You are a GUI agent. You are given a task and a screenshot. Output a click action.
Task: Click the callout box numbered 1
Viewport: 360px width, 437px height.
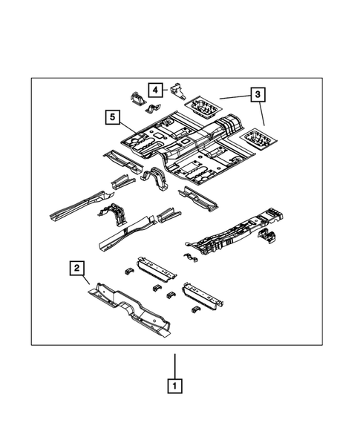pos(175,385)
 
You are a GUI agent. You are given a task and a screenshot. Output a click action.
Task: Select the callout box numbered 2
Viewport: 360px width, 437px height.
pos(76,268)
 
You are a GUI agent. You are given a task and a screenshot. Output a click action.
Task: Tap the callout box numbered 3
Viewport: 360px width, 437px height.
pos(257,94)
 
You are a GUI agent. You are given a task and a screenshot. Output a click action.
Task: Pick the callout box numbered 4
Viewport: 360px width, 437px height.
pos(154,91)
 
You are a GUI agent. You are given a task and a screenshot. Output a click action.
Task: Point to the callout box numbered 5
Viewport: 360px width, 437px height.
pos(112,116)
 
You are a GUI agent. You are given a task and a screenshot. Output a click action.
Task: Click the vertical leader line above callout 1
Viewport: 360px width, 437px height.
pos(175,364)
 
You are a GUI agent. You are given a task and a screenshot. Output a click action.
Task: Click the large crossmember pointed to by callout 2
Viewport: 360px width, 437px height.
pos(131,308)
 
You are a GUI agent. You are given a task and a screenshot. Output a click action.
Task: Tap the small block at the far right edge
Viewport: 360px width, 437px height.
pos(268,237)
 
